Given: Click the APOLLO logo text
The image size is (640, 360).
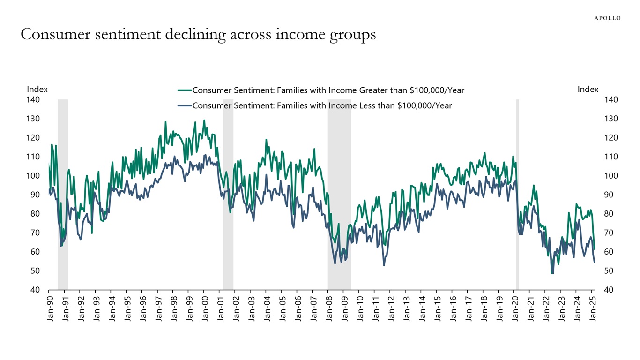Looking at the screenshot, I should pyautogui.click(x=607, y=18).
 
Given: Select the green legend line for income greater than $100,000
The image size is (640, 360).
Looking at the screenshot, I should pyautogui.click(x=184, y=90).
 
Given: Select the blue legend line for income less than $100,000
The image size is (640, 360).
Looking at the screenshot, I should pyautogui.click(x=184, y=106).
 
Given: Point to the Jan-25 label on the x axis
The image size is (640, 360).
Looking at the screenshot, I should pyautogui.click(x=592, y=307).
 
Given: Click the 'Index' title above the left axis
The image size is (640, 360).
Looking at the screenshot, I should pyautogui.click(x=37, y=89).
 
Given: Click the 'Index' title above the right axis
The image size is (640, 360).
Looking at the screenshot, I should pyautogui.click(x=588, y=89).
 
